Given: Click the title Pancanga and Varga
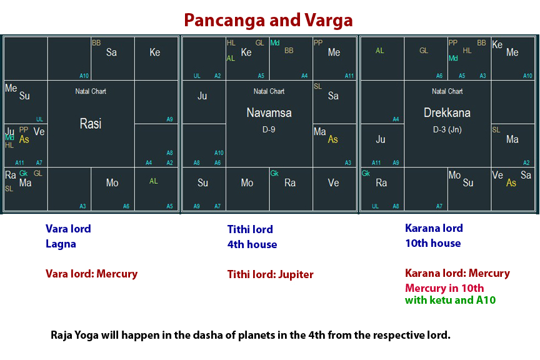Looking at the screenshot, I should click(268, 20).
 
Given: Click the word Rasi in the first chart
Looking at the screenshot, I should click(91, 124).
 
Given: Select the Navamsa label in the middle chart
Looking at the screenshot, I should click(269, 113).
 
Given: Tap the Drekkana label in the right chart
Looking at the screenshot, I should click(447, 113).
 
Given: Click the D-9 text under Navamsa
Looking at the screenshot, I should click(269, 130).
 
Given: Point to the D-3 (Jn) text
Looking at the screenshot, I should click(447, 130).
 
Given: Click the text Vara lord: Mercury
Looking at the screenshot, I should click(91, 274).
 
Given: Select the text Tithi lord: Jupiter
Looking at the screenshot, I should click(270, 274).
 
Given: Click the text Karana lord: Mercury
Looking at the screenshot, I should click(457, 273).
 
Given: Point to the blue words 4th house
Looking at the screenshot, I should click(252, 244).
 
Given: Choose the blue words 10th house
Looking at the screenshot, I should click(432, 243).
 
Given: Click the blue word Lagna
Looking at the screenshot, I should click(61, 244).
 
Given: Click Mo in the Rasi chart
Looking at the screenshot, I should click(112, 183).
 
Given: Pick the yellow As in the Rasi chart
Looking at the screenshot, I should click(24, 139).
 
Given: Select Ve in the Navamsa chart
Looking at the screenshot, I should click(333, 183).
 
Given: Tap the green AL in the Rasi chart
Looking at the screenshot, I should click(154, 181).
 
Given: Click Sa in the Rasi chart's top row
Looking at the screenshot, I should click(111, 52).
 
